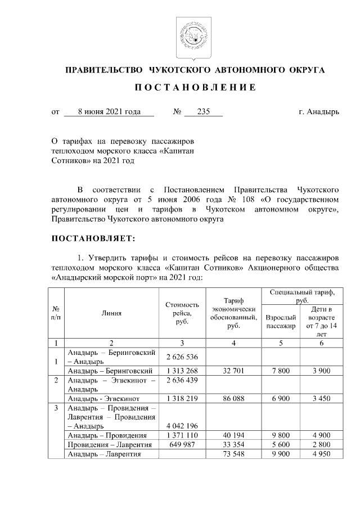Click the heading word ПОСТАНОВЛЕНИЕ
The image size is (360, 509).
[x=195, y=88]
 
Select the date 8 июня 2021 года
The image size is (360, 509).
[x=109, y=112]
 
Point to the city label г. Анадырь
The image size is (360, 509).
[x=319, y=112]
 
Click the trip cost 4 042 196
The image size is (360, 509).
[x=182, y=426]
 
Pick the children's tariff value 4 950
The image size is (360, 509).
[x=321, y=454]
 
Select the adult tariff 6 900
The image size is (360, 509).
[x=280, y=398]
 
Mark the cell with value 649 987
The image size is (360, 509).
[x=182, y=444]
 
